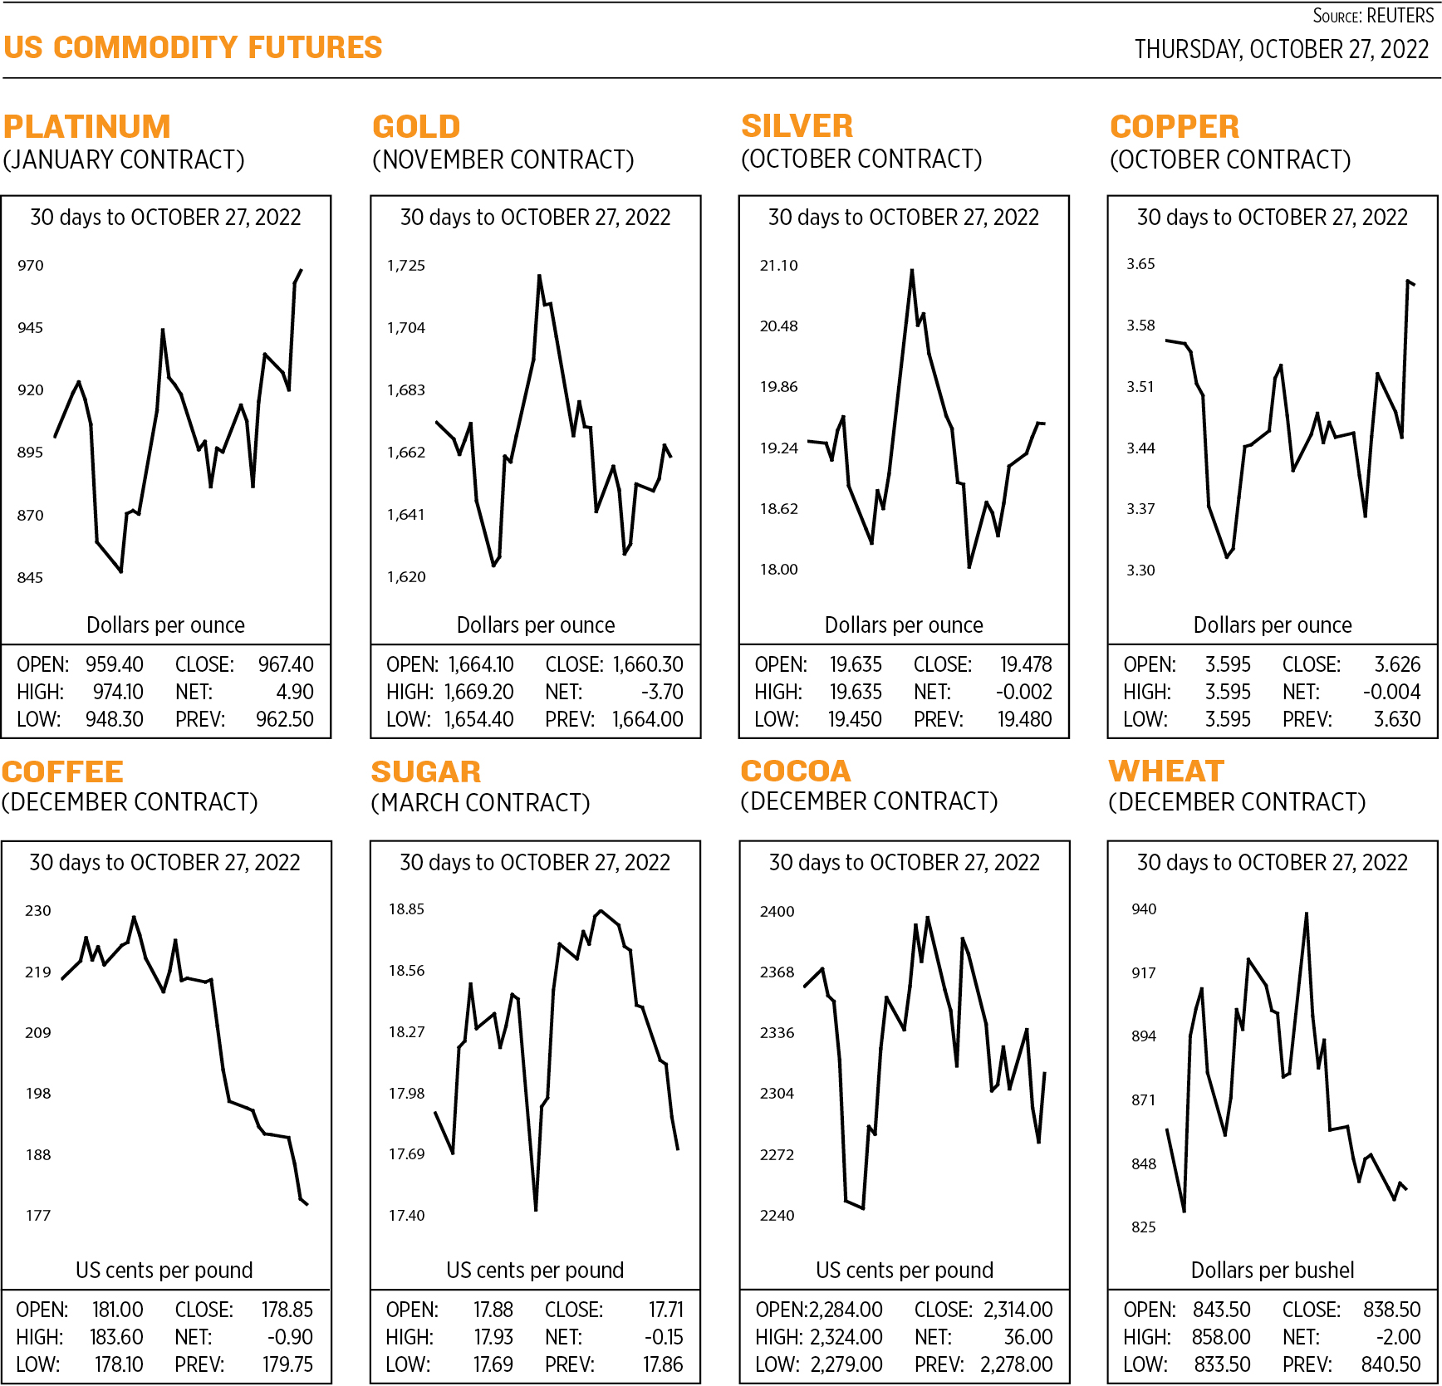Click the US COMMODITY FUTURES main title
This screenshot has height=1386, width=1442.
pos(193,47)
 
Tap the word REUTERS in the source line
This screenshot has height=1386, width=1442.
pos(1400,16)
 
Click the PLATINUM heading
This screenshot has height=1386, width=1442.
pos(86,126)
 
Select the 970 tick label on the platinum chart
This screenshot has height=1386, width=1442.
pos(30,266)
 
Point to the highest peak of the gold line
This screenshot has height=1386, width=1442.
pos(539,276)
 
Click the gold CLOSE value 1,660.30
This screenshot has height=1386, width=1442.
pos(648,664)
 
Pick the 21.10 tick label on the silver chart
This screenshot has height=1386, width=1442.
pos(778,266)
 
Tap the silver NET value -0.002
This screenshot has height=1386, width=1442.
pos(1023,692)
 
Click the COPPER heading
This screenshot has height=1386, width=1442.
pos(1174,126)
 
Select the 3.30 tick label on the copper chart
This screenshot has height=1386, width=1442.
pos(1140,571)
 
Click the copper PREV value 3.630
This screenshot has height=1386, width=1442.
pos(1397,719)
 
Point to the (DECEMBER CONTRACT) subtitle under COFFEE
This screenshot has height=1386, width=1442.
pos(130,802)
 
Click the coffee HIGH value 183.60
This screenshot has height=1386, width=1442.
pos(116,1337)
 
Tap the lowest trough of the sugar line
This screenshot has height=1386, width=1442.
pos(536,1209)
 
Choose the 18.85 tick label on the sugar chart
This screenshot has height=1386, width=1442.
pos(406,909)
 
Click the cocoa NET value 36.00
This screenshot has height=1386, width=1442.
pos(1028,1337)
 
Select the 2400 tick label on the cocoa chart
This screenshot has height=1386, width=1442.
pos(777,912)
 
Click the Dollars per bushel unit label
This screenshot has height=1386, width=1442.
pos(1272,1270)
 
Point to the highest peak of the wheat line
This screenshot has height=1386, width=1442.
pos(1307,914)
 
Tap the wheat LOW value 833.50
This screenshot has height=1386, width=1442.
pos(1222,1364)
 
